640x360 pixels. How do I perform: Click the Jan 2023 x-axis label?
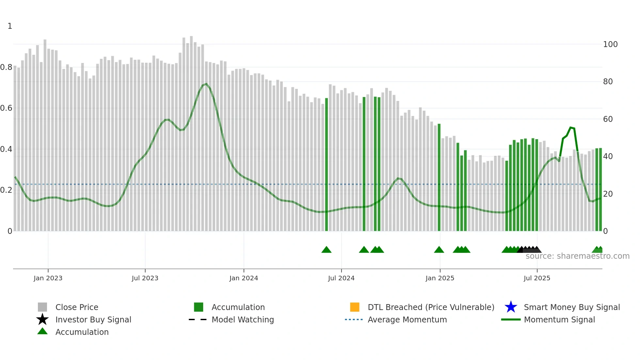48,278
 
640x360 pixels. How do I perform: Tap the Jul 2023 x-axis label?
145,278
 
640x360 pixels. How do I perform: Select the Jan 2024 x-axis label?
244,278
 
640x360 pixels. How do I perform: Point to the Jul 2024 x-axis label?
341,278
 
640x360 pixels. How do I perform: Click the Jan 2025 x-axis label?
440,278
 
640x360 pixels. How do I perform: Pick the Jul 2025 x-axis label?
537,278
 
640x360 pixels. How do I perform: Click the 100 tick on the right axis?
610,44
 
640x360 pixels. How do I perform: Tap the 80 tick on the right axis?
608,82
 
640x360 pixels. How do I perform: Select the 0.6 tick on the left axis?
6,108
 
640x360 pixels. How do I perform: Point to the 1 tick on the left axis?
10,26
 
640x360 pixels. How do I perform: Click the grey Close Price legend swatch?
42,307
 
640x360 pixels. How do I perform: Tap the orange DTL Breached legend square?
355,307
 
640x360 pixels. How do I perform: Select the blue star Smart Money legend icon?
511,307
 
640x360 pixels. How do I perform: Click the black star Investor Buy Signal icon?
42,319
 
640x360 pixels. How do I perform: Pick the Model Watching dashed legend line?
198,319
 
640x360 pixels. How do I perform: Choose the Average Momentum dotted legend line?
354,319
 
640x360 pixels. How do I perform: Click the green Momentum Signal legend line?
511,319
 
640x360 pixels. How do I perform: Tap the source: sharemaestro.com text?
578,256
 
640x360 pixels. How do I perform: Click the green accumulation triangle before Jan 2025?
439,250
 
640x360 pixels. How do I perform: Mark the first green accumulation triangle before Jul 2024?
327,250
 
